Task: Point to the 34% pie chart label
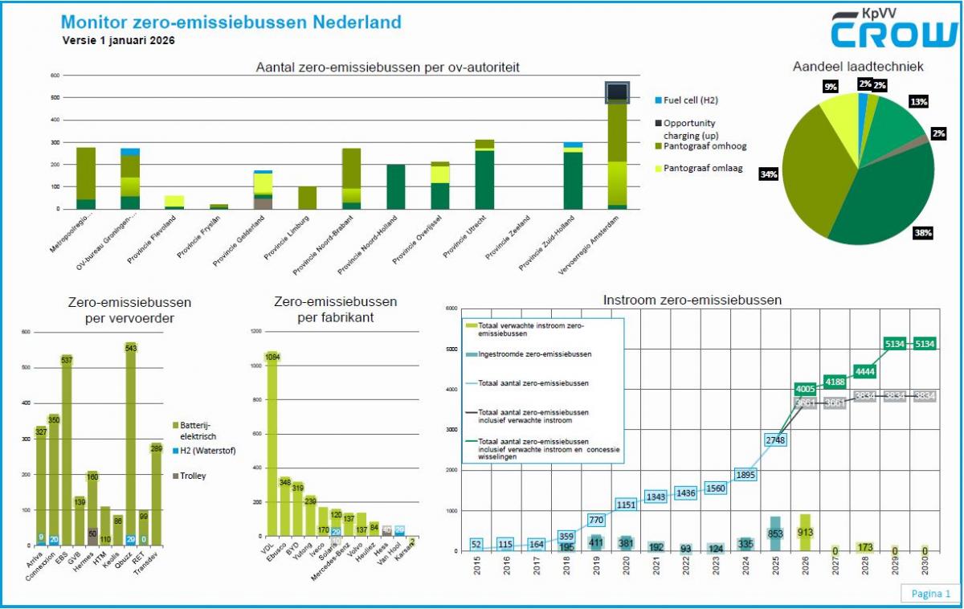coord(769,174)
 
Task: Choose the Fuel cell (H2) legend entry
coord(686,100)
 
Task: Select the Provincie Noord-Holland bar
coord(395,186)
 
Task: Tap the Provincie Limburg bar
coord(307,198)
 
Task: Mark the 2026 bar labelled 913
coord(806,531)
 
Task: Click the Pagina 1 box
coord(930,594)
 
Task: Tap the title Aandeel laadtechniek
coord(858,67)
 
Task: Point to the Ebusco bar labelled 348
coord(285,481)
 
